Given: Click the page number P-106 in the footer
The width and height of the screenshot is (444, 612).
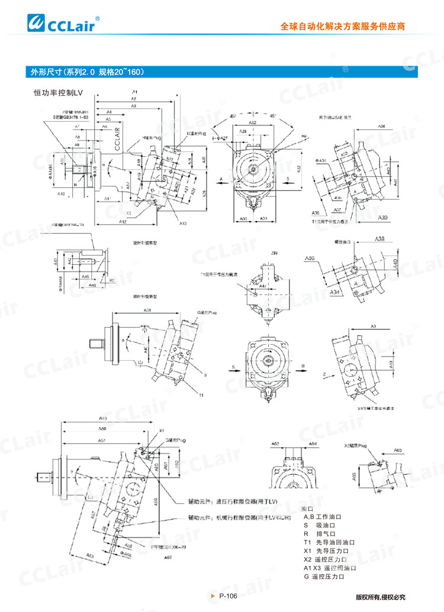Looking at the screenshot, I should tap(228, 596).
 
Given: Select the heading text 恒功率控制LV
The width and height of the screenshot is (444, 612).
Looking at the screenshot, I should tap(59, 93).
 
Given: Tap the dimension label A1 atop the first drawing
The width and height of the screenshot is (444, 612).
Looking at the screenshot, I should tap(135, 92).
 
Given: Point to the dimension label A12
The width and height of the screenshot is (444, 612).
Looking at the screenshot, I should tap(123, 221).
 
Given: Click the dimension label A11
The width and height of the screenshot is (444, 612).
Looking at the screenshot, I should tap(109, 199).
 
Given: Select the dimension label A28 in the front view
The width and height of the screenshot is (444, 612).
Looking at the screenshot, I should tap(243, 131).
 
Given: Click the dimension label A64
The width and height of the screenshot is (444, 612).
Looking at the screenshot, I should tap(313, 443).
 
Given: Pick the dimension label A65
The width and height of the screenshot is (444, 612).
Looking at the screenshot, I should tap(398, 450).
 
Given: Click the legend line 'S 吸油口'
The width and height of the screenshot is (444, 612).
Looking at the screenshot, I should tap(323, 525).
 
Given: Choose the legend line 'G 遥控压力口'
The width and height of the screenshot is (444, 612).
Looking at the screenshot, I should tap(323, 577).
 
